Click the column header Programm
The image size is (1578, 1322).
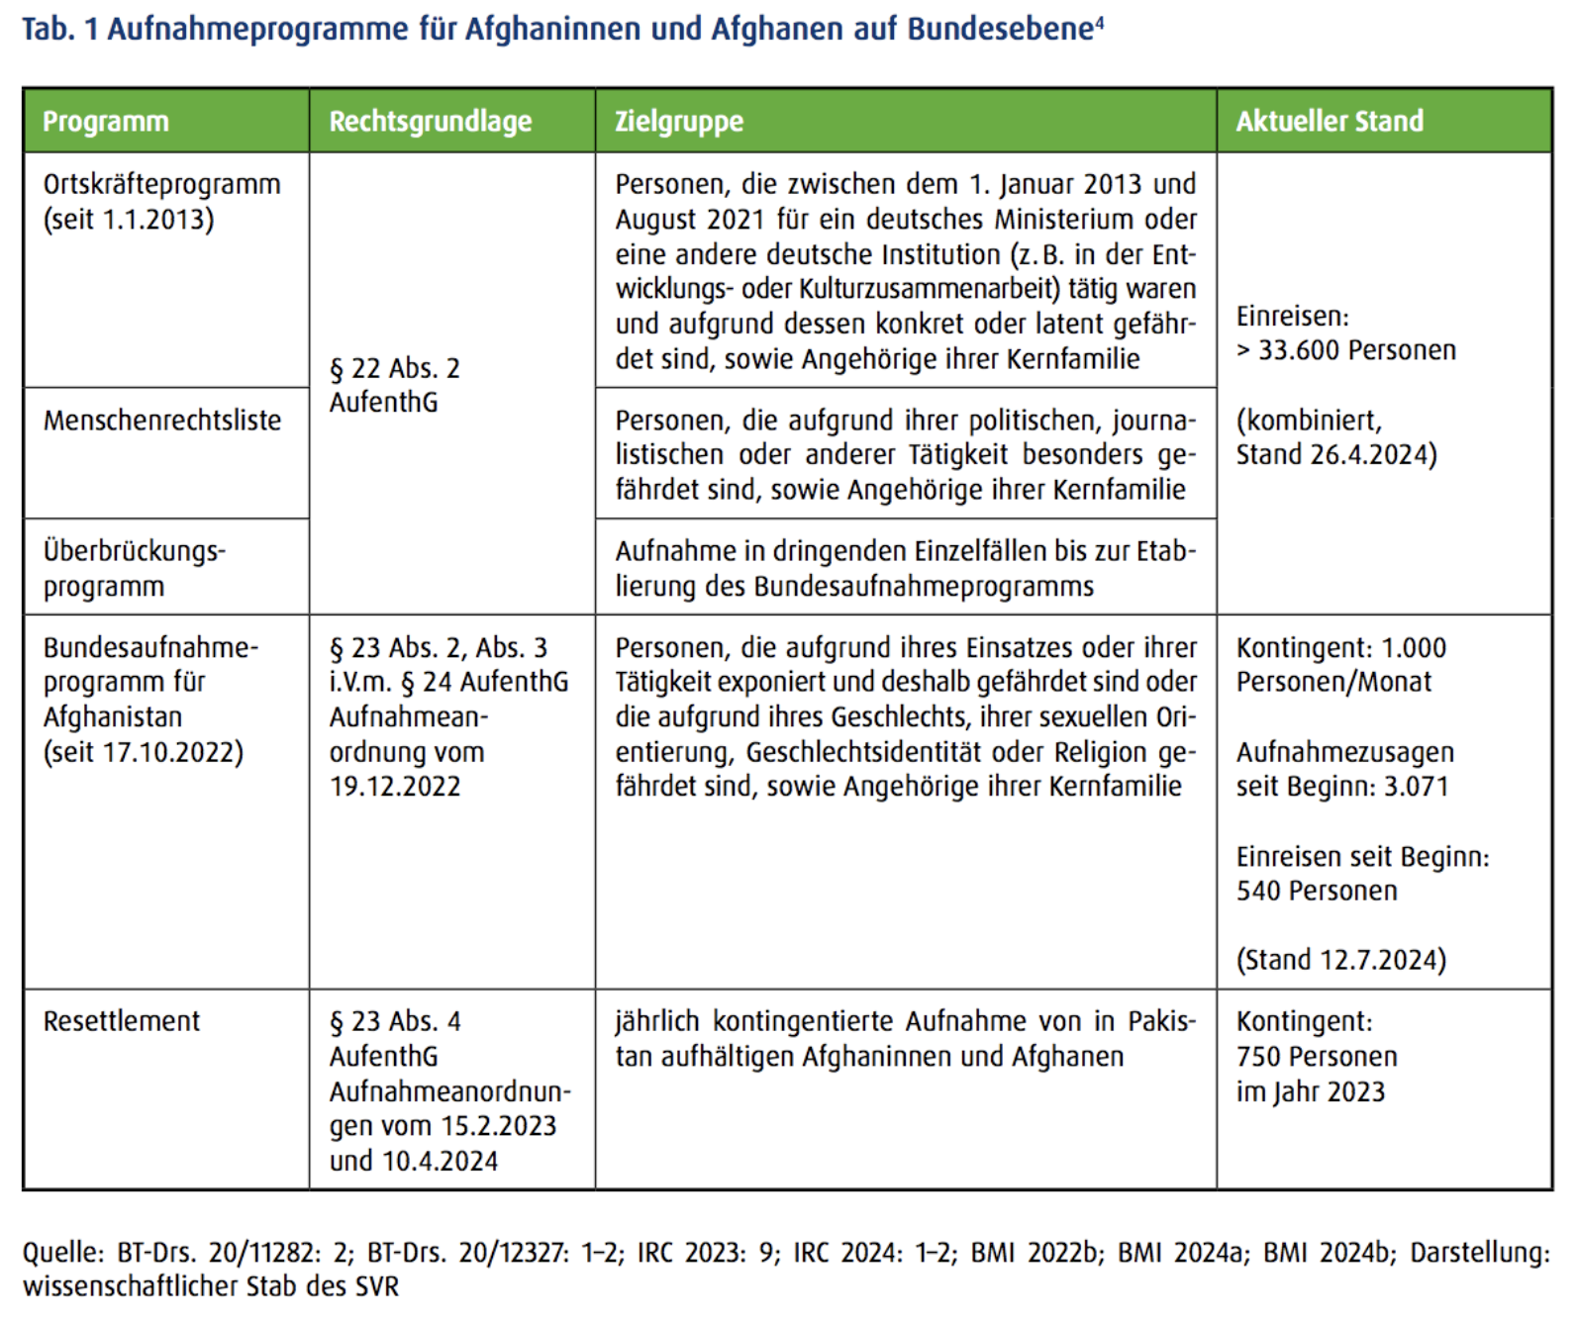tap(105, 122)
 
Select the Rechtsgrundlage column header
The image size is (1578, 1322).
tap(430, 122)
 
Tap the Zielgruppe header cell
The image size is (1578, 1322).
tap(678, 122)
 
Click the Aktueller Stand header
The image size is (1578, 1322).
tap(1329, 122)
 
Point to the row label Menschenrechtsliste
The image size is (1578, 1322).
tap(162, 421)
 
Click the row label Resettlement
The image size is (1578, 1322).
tap(121, 1021)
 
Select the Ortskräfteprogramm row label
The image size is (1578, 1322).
tap(161, 185)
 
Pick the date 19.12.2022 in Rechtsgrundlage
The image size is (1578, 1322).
tap(395, 787)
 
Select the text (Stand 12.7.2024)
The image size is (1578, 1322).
tap(1340, 960)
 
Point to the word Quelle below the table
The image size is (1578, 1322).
tap(61, 1253)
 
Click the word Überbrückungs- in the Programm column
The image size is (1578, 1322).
tap(135, 551)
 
